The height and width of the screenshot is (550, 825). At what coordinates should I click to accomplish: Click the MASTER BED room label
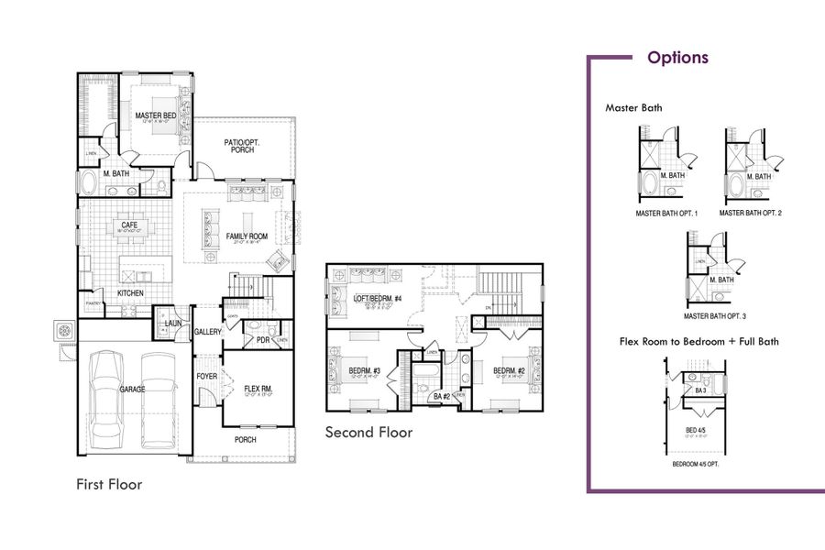point(155,116)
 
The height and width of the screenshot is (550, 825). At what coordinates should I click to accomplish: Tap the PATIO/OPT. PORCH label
point(243,146)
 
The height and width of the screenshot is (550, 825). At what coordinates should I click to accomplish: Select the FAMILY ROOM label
point(247,236)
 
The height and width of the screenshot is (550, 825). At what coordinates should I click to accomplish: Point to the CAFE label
point(128,224)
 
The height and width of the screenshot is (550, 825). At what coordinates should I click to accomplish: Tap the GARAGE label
point(132,389)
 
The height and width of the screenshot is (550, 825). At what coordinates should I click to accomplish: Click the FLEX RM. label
point(258,390)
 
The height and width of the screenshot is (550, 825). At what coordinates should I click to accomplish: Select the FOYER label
point(206,376)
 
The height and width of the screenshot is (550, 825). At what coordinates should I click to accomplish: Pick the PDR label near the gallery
point(262,340)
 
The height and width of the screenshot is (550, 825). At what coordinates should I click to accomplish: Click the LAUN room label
point(172,324)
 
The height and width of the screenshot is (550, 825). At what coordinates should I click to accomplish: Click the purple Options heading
point(677,58)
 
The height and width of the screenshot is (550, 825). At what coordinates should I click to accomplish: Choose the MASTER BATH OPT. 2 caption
point(750,213)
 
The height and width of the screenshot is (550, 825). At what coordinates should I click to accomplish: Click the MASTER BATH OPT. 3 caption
point(715,316)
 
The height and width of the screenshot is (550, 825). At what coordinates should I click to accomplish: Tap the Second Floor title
point(368,433)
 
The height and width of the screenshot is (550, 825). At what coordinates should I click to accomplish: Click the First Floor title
point(109,483)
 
